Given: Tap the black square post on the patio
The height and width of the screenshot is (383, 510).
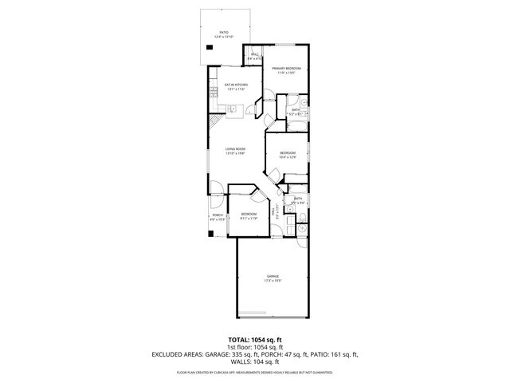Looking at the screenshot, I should tap(210, 47).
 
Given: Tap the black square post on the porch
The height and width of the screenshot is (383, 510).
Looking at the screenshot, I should tap(211, 236).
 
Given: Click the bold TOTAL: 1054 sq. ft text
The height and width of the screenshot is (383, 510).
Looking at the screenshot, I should tap(254, 339).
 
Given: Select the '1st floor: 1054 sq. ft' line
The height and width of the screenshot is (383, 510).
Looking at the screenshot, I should tap(254, 347).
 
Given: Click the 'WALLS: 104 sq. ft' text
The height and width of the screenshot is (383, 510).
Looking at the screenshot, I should tap(254, 361).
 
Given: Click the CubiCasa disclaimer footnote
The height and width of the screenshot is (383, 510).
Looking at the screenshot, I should tap(254, 372).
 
